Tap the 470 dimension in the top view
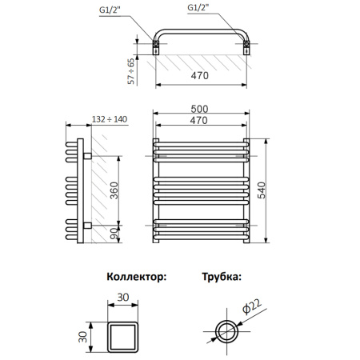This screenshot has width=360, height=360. pos(200,76)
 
